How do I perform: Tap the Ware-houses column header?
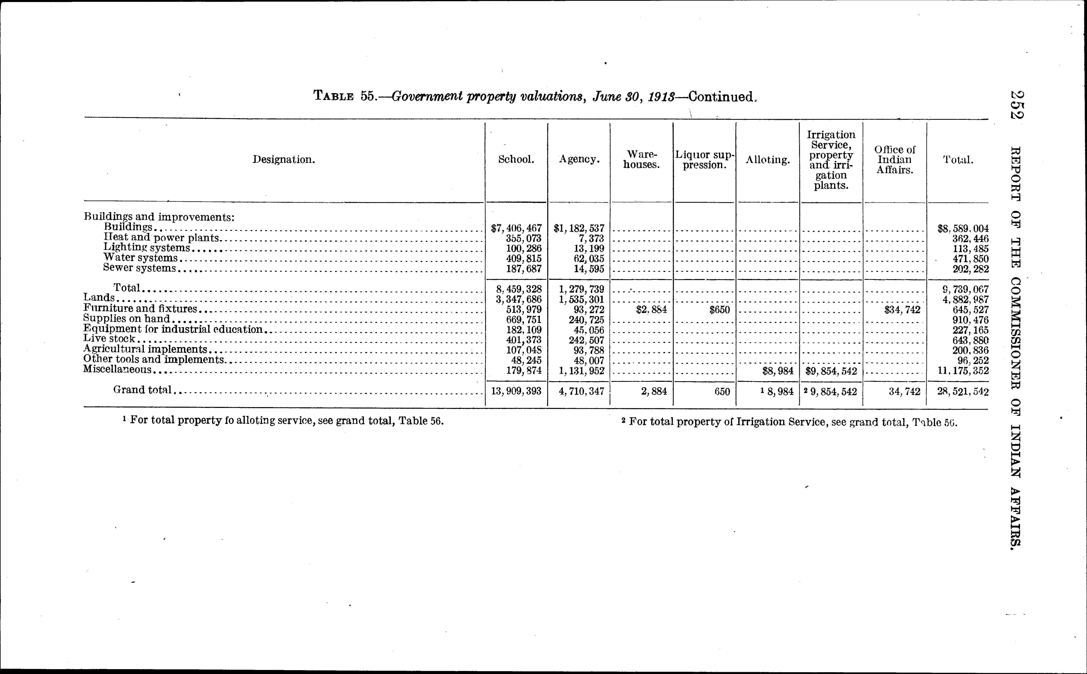point(641,160)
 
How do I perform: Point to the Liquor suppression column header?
point(704,160)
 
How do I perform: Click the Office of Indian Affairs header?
point(894,160)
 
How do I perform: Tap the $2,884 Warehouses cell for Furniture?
point(652,309)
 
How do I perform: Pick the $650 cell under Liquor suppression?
point(719,309)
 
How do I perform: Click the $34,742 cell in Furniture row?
point(902,309)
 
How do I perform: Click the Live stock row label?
point(109,339)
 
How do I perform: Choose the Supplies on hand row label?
point(127,319)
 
